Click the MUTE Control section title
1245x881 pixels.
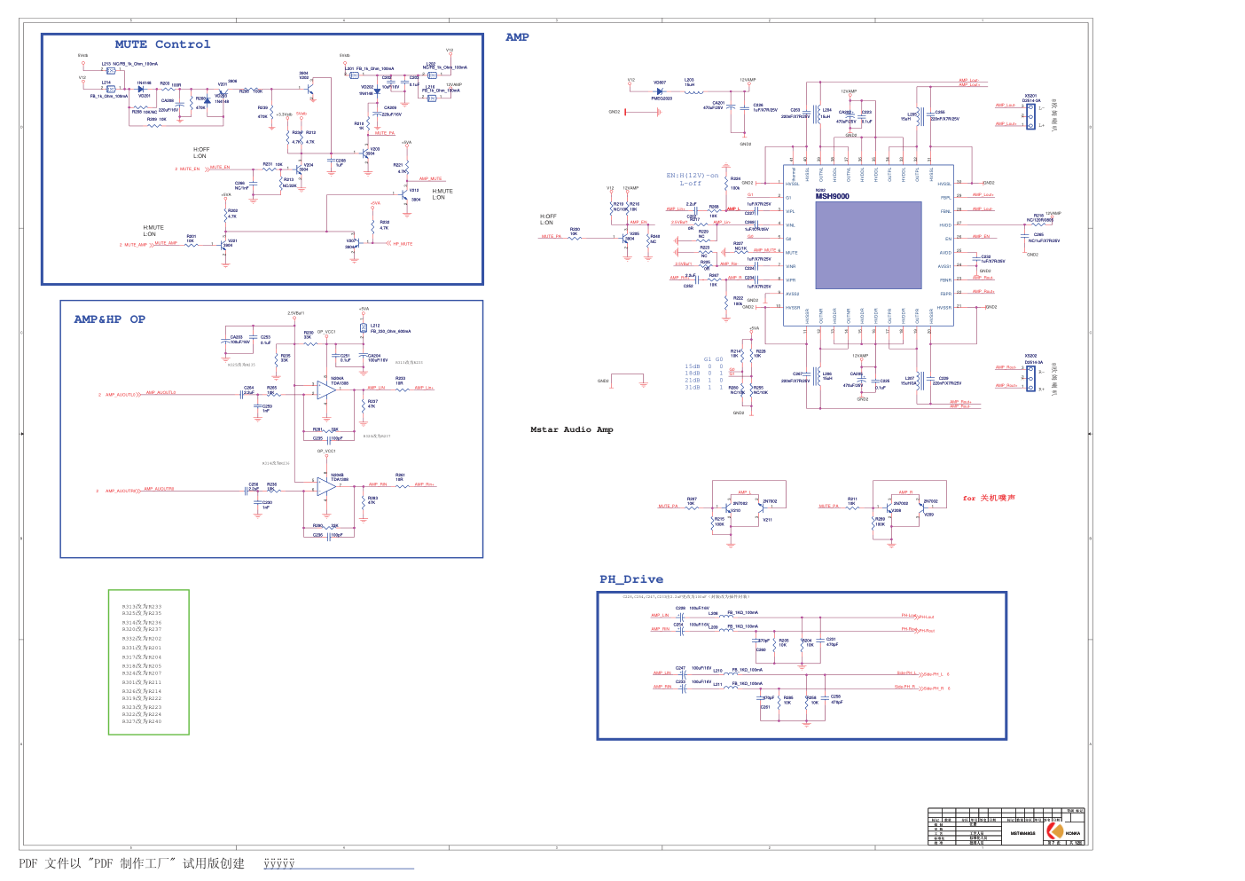pyautogui.click(x=162, y=44)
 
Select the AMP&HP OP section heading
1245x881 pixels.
pyautogui.click(x=109, y=319)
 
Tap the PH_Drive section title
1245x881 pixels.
pyautogui.click(x=630, y=579)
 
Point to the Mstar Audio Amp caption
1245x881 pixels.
pyautogui.click(x=571, y=429)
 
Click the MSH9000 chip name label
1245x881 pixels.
pyautogui.click(x=832, y=196)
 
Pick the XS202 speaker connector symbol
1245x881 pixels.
pyautogui.click(x=1030, y=378)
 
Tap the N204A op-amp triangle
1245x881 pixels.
pyautogui.click(x=325, y=390)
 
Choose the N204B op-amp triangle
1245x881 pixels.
pyautogui.click(x=325, y=487)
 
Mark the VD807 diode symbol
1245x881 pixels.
pyautogui.click(x=660, y=90)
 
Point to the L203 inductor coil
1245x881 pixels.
pyautogui.click(x=693, y=90)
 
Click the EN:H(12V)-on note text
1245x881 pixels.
pyautogui.click(x=693, y=176)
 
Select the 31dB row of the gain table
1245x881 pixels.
pyautogui.click(x=704, y=388)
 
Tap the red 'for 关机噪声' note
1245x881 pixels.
pyautogui.click(x=989, y=499)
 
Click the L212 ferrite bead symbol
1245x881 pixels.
pyautogui.click(x=364, y=328)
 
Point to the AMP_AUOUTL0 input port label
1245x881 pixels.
pyautogui.click(x=120, y=395)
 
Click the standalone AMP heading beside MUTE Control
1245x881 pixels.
pyautogui.click(x=517, y=37)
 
